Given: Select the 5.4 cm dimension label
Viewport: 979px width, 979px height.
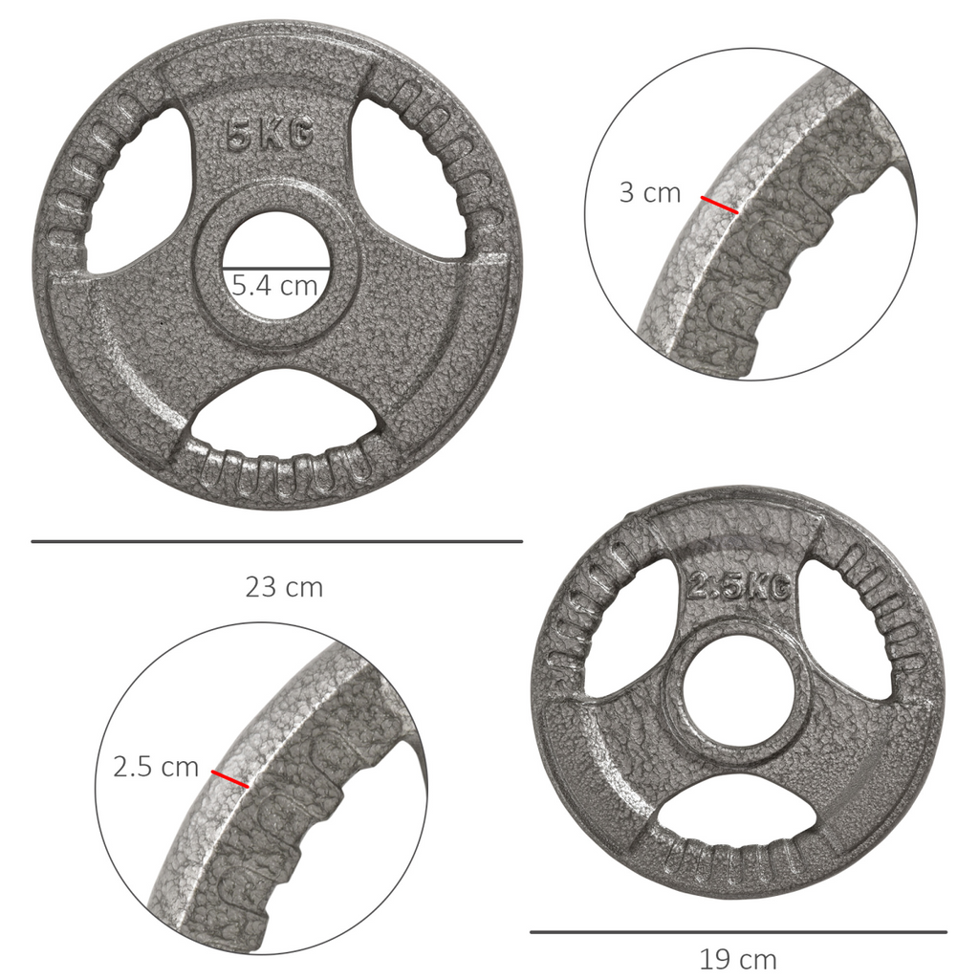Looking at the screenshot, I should click(275, 286).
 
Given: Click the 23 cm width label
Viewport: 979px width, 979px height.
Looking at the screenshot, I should click(284, 587).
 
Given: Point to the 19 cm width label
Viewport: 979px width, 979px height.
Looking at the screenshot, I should click(737, 958).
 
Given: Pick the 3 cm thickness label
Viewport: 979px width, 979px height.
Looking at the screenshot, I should click(650, 192).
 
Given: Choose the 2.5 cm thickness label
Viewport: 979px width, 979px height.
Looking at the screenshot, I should click(156, 767).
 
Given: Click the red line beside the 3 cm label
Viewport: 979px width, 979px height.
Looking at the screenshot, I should click(719, 205).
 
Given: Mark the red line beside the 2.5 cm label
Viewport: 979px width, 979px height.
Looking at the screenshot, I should click(229, 779).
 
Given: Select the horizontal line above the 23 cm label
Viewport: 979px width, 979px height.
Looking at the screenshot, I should click(277, 542).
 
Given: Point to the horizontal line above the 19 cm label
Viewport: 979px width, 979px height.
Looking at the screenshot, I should click(738, 931).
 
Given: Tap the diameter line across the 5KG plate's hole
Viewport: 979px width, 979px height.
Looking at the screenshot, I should click(276, 269).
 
